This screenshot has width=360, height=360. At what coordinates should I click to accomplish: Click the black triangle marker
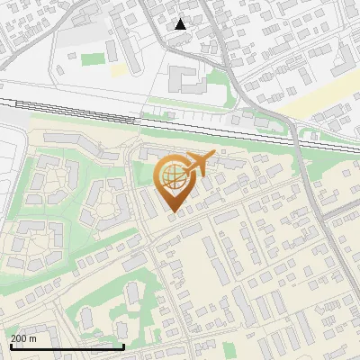click(x=181, y=24)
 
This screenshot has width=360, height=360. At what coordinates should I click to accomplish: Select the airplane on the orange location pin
click(x=196, y=164)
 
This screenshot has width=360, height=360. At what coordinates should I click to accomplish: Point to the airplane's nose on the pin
click(x=212, y=155)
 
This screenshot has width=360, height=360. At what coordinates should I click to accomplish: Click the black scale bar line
click(x=67, y=346)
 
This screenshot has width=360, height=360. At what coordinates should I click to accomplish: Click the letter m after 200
click(x=33, y=338)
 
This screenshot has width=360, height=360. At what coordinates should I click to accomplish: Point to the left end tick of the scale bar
click(x=10, y=346)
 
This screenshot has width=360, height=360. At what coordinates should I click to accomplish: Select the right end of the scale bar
click(x=123, y=346)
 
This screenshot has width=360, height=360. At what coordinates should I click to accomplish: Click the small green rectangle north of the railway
click(x=93, y=59)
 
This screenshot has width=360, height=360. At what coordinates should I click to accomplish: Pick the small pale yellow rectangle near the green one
click(x=118, y=69)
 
